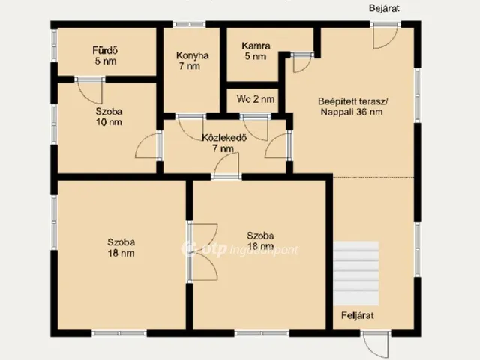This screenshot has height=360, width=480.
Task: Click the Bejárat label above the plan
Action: pyautogui.click(x=384, y=8)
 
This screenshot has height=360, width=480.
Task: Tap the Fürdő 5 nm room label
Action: pyautogui.click(x=105, y=55)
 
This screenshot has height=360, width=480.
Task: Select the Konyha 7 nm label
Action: pyautogui.click(x=192, y=61)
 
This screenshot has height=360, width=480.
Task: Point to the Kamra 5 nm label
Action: pyautogui.click(x=256, y=51)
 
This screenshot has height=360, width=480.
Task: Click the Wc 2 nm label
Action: pyautogui.click(x=256, y=99)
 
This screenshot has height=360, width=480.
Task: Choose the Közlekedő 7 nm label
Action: pyautogui.click(x=224, y=143)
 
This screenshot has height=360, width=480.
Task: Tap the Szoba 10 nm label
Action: pyautogui.click(x=109, y=117)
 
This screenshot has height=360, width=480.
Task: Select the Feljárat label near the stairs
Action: pyautogui.click(x=358, y=315)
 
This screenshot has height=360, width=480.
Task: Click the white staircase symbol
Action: pyautogui.click(x=356, y=273)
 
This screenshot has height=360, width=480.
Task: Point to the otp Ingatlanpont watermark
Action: pyautogui.click(x=240, y=249)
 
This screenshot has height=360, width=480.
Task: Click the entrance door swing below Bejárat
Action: pyautogui.click(x=385, y=36)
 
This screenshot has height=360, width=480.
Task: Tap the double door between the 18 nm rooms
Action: pyautogui.click(x=202, y=252)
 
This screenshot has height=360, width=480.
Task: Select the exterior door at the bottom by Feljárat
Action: pyautogui.click(x=376, y=343)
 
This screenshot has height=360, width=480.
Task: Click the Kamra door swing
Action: pyautogui.click(x=301, y=64)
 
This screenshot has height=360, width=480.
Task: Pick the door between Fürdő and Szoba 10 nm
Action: pyautogui.click(x=90, y=91)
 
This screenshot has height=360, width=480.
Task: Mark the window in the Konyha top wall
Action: pyautogui.click(x=189, y=24)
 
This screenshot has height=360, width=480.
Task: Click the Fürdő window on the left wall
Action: pyautogui.click(x=54, y=45)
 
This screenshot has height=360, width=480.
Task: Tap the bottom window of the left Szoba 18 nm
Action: pyautogui.click(x=119, y=333)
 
